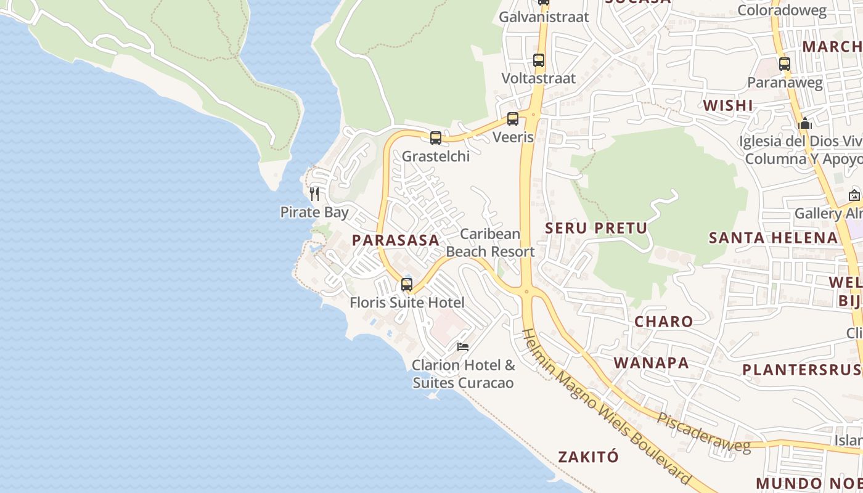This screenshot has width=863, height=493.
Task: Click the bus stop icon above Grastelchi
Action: click(436, 138)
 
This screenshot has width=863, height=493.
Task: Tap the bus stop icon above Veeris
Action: click(513, 119)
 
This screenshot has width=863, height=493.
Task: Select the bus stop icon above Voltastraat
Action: click(539, 60)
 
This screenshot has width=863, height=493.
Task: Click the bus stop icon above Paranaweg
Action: click(785, 64)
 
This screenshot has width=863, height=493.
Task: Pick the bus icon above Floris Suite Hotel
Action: click(407, 285)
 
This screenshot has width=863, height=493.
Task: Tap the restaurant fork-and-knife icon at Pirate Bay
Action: click(314, 194)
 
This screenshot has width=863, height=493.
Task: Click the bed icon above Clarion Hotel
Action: click(463, 347)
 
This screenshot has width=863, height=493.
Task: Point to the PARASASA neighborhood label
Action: click(396, 240)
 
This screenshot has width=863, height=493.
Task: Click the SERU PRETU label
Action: click(596, 228)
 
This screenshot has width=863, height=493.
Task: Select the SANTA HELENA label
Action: click(773, 238)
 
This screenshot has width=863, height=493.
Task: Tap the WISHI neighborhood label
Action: click(728, 105)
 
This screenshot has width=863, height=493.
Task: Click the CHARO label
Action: click(664, 321)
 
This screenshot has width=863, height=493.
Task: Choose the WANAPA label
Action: click(652, 362)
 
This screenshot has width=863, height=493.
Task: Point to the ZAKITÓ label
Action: click(588, 457)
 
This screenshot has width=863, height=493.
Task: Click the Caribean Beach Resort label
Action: click(490, 243)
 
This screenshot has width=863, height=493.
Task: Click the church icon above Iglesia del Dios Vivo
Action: click(805, 124)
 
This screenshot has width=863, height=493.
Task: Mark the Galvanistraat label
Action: click(544, 17)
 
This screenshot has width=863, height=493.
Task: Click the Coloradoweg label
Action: click(782, 10)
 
